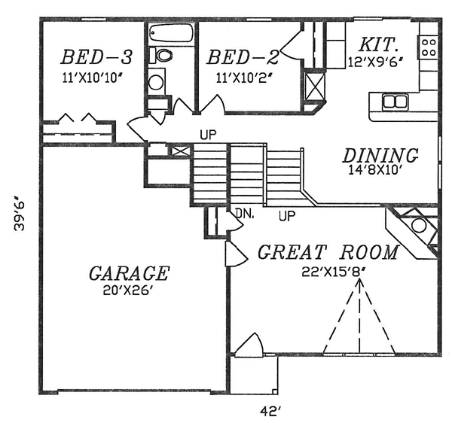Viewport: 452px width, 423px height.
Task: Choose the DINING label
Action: click(x=380, y=156)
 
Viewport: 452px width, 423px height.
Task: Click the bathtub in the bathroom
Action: click(x=171, y=34)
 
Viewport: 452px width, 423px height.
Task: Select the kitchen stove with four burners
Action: click(x=428, y=47)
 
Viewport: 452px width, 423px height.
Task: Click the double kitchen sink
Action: click(x=395, y=101)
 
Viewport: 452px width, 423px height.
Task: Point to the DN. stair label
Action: click(x=245, y=214)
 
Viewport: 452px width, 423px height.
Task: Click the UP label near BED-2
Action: click(x=208, y=135)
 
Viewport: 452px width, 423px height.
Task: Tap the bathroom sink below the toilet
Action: click(x=157, y=82)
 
